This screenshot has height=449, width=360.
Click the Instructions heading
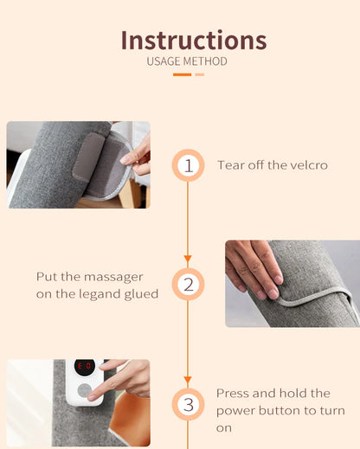(194, 40)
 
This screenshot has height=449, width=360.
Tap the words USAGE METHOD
(187, 61)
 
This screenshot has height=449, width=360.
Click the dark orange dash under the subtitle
(182, 74)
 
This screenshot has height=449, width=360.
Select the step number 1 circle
(189, 165)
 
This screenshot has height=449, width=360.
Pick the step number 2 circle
(189, 285)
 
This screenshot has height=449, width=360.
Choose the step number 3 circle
(189, 404)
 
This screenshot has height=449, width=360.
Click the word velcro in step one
(309, 165)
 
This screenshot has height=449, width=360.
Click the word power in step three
(235, 411)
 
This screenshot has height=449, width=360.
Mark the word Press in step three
(233, 394)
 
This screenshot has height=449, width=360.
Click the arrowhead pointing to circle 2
(188, 258)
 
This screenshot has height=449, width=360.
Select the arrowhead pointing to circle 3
(188, 379)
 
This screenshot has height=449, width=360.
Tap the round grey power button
(84, 390)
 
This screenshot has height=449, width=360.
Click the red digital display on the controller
(85, 366)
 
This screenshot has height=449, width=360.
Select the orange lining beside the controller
(131, 418)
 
